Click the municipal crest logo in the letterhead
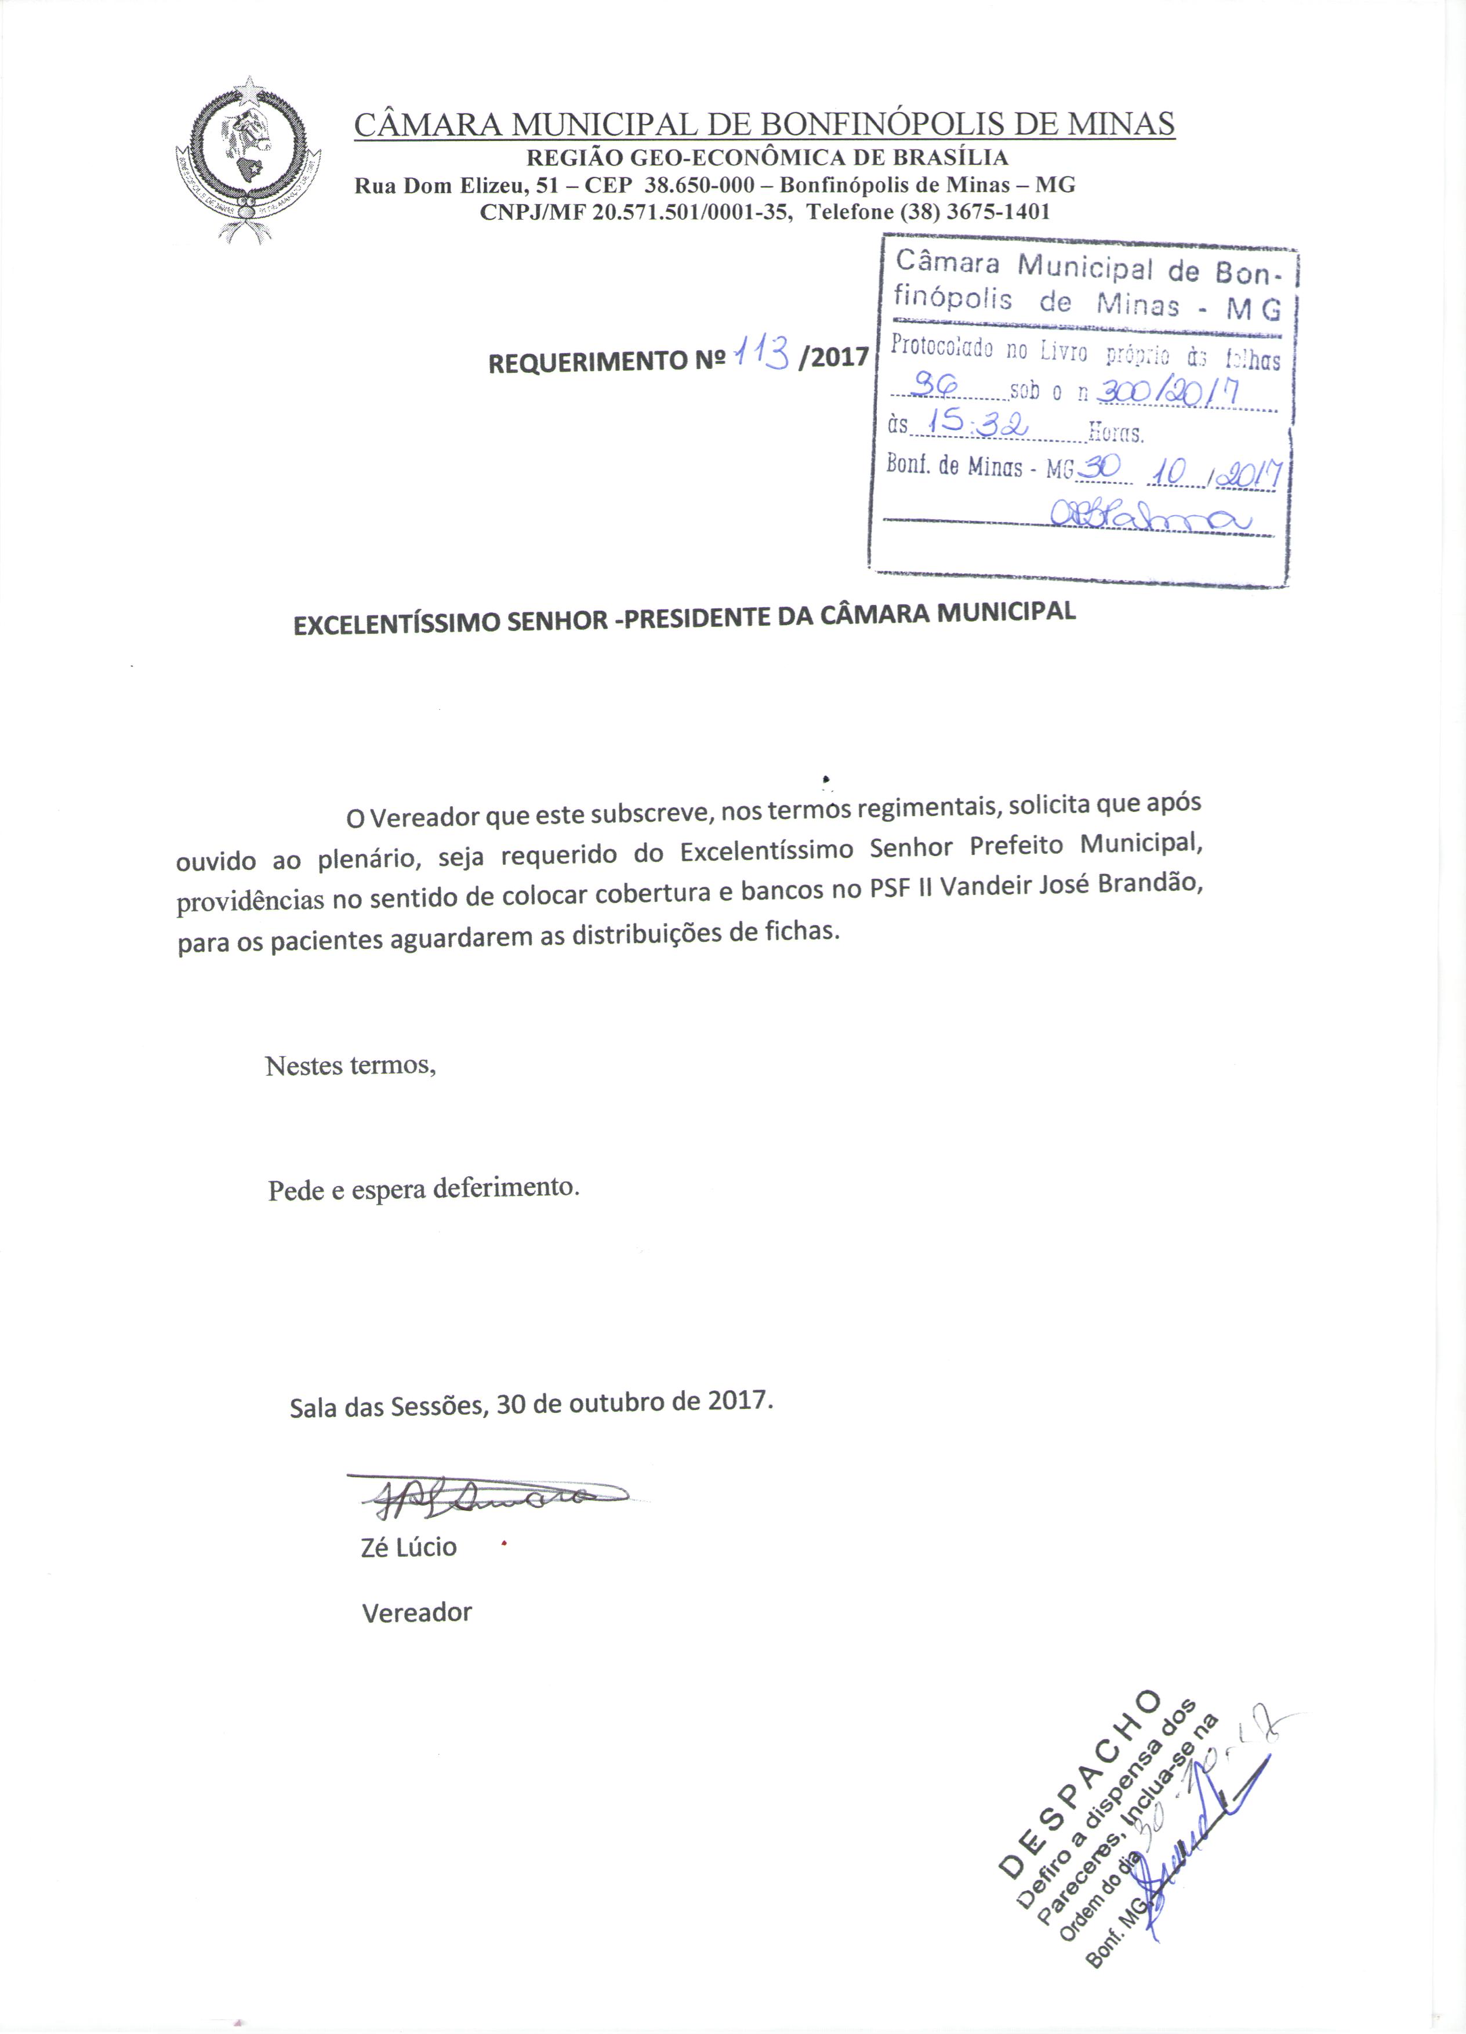point(248,159)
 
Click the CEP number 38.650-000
point(698,186)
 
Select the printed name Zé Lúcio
point(408,1547)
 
